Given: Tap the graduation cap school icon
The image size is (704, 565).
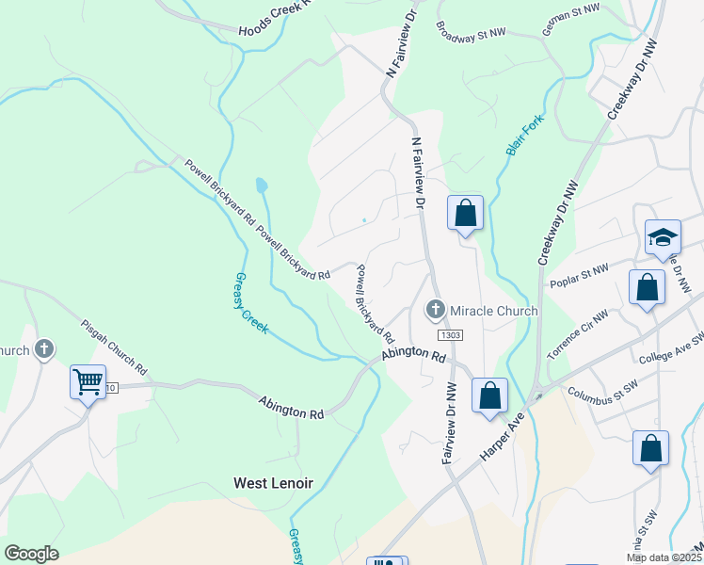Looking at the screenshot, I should pos(663,236).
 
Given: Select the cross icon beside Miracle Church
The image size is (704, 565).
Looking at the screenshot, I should pos(435,309).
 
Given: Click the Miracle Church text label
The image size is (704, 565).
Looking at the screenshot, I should pos(494,311).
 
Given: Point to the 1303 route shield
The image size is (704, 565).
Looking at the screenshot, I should pos(449,335).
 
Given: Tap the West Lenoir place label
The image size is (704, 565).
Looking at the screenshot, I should pos(273,483).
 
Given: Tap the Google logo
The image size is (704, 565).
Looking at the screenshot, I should pos(31,554).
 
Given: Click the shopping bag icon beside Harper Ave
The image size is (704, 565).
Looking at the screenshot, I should pos(489,395).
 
